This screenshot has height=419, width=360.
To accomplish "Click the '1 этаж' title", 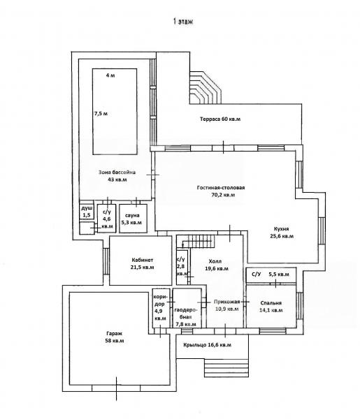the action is pos(183,22).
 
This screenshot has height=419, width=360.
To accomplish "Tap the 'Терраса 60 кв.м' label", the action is pos(220,119).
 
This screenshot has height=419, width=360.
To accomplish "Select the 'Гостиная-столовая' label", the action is pos(221,188).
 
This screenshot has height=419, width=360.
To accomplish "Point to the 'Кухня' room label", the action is pos(281,229).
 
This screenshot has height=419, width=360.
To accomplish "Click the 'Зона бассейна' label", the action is pos(117,172).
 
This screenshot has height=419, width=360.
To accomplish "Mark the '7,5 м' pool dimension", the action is pos(101,114).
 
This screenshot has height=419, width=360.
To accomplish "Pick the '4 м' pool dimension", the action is pos(110,75).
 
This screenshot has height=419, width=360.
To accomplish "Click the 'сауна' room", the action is pos(133,219).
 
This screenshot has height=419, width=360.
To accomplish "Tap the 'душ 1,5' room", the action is pos(87,212).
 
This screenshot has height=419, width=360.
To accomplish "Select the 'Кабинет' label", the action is pos(143,260).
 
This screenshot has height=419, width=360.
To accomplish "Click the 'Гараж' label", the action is pos(114,334).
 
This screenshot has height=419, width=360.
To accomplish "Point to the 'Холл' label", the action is pos(215,261).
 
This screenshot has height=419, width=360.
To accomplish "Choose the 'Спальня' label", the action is pos(271,303).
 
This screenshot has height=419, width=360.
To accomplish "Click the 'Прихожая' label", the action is pos(226,302).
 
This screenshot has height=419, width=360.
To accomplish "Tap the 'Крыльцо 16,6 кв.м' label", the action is pos(208,345).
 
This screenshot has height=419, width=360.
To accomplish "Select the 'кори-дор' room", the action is pos(161,308).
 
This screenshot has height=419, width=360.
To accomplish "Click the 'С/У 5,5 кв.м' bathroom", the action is pos(271,275).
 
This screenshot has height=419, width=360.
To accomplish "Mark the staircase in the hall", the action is pos(199,242).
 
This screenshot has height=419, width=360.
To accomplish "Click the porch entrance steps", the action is pos(226,368).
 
